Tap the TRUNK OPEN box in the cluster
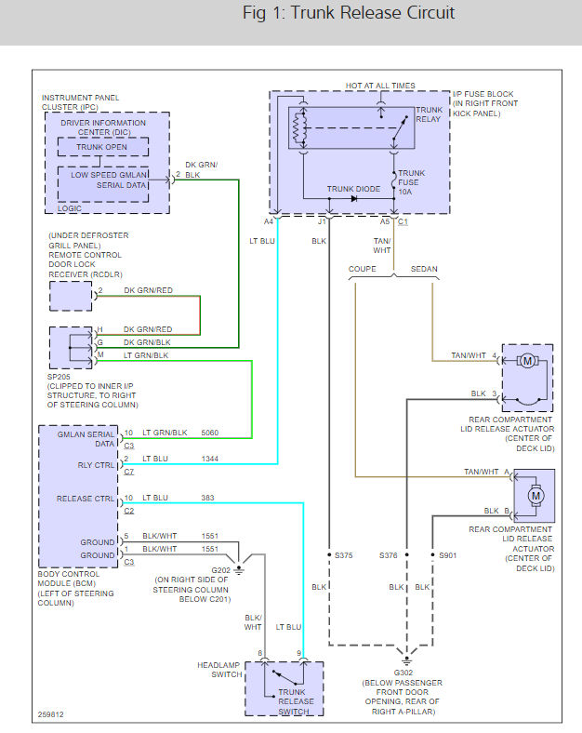coord(103,147)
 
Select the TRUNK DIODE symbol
coord(354,198)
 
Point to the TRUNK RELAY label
coord(429,114)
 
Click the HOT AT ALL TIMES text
coord(380,86)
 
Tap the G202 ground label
coord(219,570)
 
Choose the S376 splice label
coord(390,555)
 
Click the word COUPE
coord(363,269)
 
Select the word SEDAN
coord(423,269)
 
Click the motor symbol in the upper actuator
coord(527,361)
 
